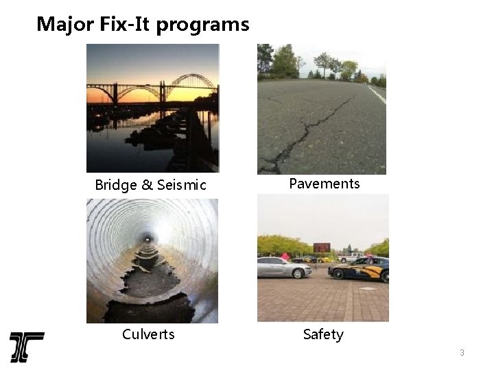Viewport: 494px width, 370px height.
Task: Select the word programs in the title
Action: (x=203, y=25)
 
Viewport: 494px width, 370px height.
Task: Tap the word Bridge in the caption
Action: (x=115, y=185)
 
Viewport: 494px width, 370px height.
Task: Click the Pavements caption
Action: (x=324, y=184)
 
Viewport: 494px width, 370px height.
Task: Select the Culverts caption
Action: (x=148, y=334)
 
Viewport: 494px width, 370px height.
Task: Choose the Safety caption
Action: (x=323, y=334)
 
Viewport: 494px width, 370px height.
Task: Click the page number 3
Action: (x=462, y=353)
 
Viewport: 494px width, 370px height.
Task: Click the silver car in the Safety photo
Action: (x=283, y=267)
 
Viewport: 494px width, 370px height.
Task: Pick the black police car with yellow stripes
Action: (x=359, y=269)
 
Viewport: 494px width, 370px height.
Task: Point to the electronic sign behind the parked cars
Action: (x=321, y=247)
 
